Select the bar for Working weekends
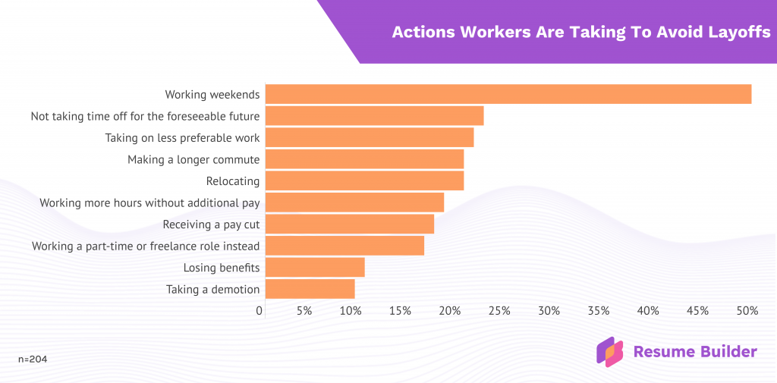[x=508, y=94]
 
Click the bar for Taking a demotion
[x=310, y=289]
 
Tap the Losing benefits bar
[x=315, y=268]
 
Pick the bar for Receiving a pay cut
[x=350, y=224]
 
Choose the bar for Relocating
[x=364, y=181]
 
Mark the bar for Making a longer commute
[x=364, y=159]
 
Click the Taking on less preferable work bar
[x=370, y=138]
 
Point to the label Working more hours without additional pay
[x=149, y=203]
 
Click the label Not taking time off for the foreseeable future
[x=145, y=117]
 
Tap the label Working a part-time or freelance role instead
[x=146, y=246]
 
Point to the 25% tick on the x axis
[x=499, y=311]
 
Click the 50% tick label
[x=747, y=311]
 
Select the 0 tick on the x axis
[x=260, y=311]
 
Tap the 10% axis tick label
[x=351, y=311]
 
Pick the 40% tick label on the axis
[x=648, y=311]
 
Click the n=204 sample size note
[x=33, y=359]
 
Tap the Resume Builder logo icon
[x=609, y=352]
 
